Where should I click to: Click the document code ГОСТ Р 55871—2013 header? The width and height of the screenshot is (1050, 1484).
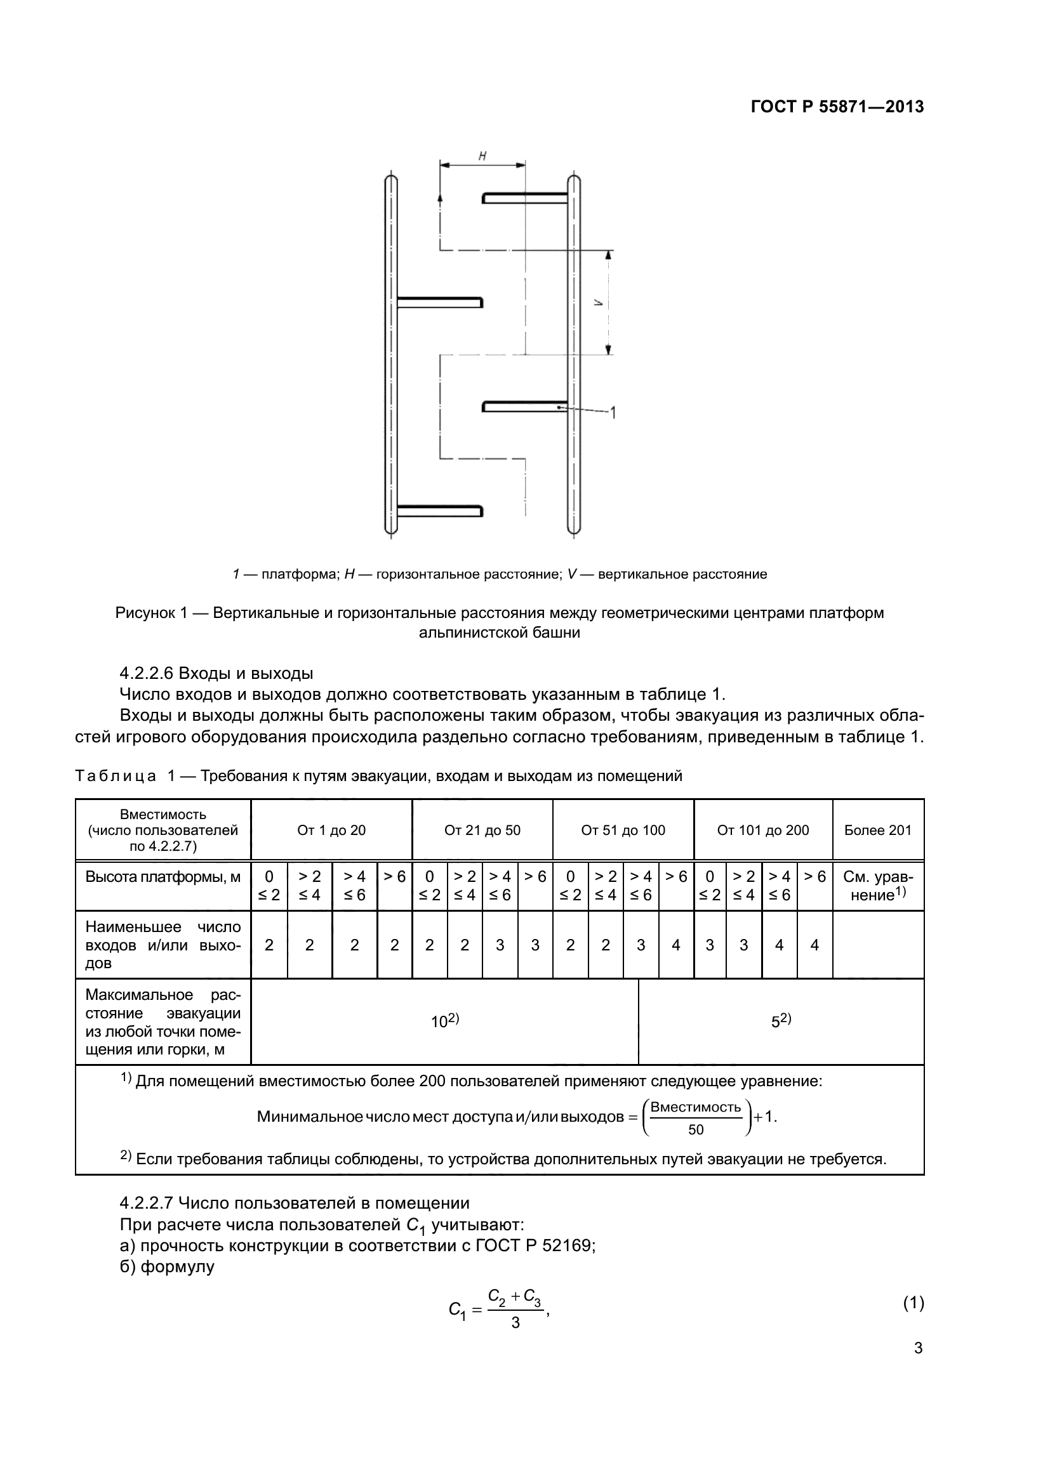click(x=837, y=107)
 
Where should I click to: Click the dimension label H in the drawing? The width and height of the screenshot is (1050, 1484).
click(x=482, y=156)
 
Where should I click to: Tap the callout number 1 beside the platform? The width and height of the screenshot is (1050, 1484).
click(x=612, y=412)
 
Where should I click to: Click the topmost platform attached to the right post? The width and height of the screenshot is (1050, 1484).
click(x=525, y=198)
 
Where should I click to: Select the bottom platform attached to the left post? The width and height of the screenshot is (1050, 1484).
click(x=440, y=511)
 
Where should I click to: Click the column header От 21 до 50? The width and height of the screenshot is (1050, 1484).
click(x=482, y=831)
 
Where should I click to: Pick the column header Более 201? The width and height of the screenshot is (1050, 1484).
click(x=877, y=831)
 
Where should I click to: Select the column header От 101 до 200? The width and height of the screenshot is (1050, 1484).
click(x=762, y=831)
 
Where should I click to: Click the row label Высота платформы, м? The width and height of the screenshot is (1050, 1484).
click(x=163, y=877)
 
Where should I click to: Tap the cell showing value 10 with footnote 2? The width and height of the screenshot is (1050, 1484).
click(x=444, y=1021)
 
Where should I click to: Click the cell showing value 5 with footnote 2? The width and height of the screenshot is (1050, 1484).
click(x=780, y=1021)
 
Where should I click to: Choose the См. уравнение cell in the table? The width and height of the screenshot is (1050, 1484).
click(x=877, y=886)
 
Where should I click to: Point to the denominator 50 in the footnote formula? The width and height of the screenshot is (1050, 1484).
click(x=696, y=1130)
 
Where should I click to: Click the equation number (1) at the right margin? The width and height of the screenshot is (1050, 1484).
click(x=913, y=1303)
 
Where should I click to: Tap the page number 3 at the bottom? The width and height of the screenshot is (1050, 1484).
click(x=917, y=1348)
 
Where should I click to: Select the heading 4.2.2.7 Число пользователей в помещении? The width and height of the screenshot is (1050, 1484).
click(x=294, y=1203)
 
